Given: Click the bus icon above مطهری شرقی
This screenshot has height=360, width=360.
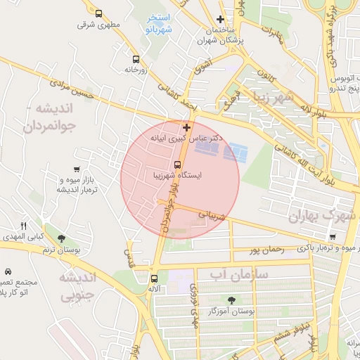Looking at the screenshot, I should [x=98, y=13].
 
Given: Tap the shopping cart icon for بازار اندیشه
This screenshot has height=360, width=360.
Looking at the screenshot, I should [x=76, y=169].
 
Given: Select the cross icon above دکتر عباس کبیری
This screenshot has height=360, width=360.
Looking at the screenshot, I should [x=186, y=127].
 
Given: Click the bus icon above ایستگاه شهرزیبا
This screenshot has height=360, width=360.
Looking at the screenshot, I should [x=177, y=165].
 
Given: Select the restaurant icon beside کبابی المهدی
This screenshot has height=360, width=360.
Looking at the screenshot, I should [x=23, y=226].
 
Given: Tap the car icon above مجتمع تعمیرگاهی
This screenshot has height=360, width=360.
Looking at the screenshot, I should [x=8, y=271].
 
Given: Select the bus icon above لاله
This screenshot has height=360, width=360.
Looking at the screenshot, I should [x=153, y=278].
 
